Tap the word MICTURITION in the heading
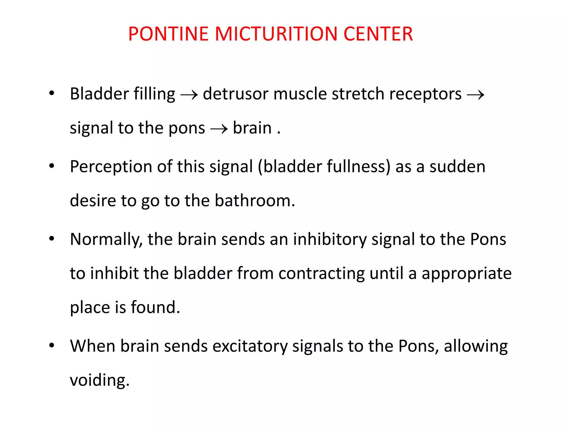click(276, 34)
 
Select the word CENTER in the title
click(378, 34)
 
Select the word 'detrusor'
click(235, 94)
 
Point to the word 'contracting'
click(321, 273)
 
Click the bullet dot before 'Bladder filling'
click(52, 93)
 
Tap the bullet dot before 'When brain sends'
click(52, 346)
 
